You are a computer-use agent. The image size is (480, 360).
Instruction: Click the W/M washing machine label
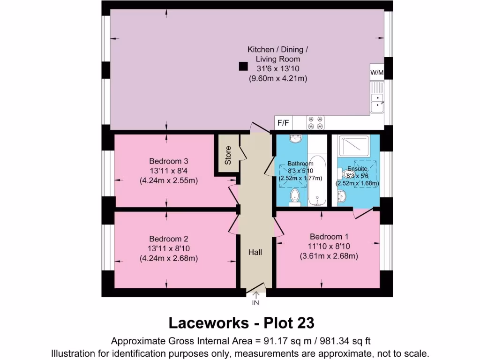click(x=377, y=73)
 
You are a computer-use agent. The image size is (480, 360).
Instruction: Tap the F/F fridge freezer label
click(x=283, y=123)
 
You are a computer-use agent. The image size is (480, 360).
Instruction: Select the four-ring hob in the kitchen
click(x=315, y=123)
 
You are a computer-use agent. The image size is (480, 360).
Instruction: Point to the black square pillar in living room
click(x=243, y=67)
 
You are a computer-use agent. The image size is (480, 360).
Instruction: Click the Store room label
click(x=228, y=155)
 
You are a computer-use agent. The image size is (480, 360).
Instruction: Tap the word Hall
click(x=255, y=252)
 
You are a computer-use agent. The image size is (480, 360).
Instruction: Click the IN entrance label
click(x=256, y=303)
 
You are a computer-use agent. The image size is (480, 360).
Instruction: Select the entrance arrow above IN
click(x=256, y=294)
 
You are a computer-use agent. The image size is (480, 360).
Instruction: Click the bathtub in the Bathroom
click(x=317, y=180)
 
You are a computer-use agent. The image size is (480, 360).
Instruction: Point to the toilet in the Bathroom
click(x=295, y=197)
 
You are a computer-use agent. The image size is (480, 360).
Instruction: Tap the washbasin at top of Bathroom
click(x=296, y=139)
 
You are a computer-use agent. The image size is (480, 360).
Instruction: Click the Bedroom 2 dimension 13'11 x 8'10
click(x=168, y=248)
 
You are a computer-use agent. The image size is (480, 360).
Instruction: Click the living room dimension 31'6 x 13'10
click(x=277, y=69)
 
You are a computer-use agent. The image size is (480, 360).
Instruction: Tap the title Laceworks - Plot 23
click(x=241, y=323)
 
